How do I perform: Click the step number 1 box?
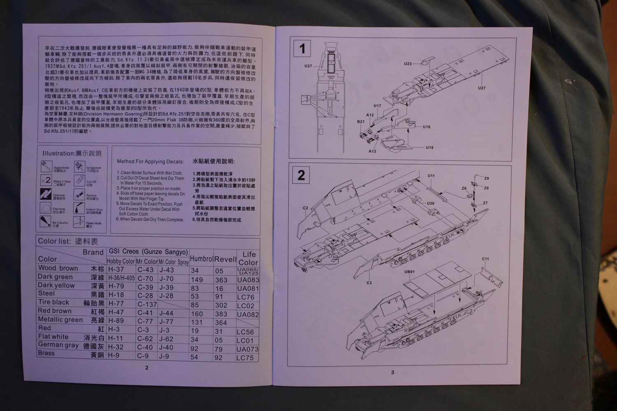(302, 49)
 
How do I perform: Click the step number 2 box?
(301, 175)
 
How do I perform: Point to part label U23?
(408, 64)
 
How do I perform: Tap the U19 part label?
(429, 148)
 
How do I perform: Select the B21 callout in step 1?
(361, 122)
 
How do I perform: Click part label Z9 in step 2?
(486, 178)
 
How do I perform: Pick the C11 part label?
(485, 259)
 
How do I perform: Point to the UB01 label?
(409, 272)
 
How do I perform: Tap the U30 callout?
(430, 203)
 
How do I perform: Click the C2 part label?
(305, 208)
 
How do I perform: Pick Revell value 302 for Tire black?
(221, 305)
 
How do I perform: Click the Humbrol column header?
(201, 259)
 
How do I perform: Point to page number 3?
(392, 373)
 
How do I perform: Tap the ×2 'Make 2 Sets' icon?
(46, 180)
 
